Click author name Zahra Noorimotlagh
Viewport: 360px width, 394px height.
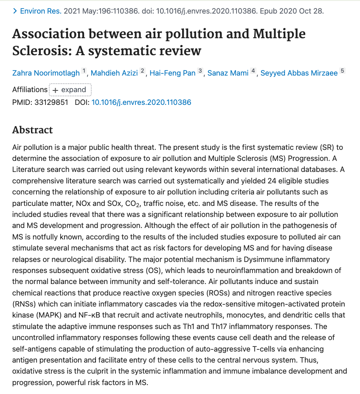tap(46, 73)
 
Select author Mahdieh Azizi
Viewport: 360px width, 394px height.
tap(114, 73)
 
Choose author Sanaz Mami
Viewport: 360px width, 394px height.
tap(228, 73)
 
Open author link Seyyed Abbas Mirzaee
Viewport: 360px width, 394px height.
tap(299, 73)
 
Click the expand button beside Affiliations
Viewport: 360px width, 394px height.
tap(70, 90)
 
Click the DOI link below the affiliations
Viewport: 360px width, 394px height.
tap(141, 102)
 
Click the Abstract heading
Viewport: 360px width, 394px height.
tap(33, 130)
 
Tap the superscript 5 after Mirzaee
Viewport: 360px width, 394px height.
tap(343, 71)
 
